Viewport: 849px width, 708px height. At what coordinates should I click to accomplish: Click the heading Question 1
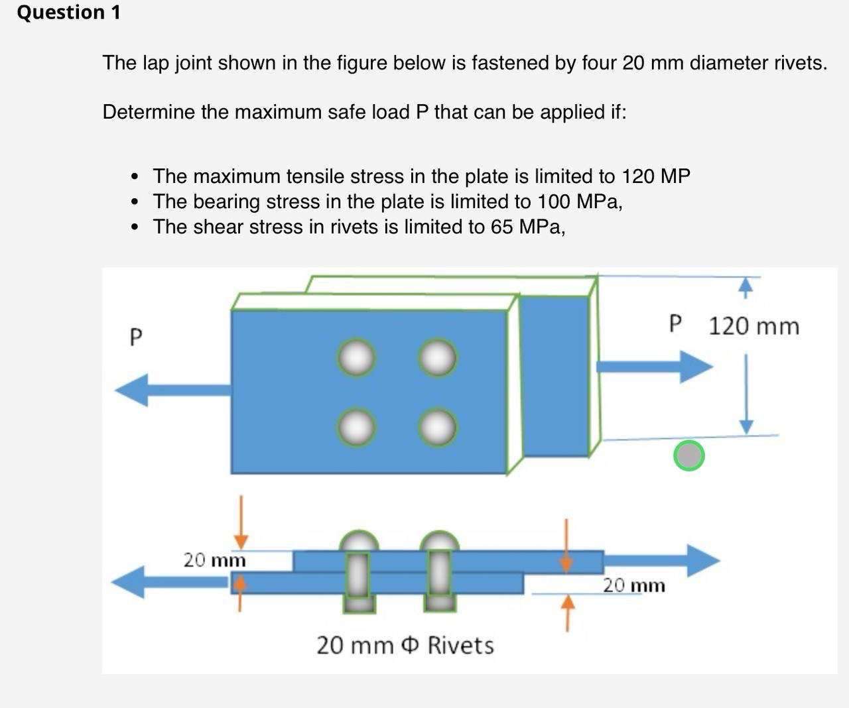point(69,13)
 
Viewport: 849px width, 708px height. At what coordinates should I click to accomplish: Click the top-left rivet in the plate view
point(357,358)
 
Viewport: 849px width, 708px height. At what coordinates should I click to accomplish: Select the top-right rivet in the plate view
point(437,358)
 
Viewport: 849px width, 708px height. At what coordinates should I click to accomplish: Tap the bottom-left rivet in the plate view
point(357,427)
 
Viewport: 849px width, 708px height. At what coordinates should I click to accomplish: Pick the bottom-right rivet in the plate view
point(437,427)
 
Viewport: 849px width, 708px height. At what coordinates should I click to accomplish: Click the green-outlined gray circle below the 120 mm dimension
point(688,455)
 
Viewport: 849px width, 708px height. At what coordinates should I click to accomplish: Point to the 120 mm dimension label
point(753,326)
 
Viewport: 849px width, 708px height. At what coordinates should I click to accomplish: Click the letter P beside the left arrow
point(135,337)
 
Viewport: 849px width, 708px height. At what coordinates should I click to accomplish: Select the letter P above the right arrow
point(675,324)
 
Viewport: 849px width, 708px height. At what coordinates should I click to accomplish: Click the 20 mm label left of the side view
point(214,560)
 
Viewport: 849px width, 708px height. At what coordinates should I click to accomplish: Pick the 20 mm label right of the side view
point(633,585)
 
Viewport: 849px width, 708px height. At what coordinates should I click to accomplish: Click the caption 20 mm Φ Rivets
point(405,644)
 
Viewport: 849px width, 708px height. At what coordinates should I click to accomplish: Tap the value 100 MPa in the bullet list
point(578,201)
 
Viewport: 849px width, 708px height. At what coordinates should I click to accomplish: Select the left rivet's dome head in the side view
point(358,541)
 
